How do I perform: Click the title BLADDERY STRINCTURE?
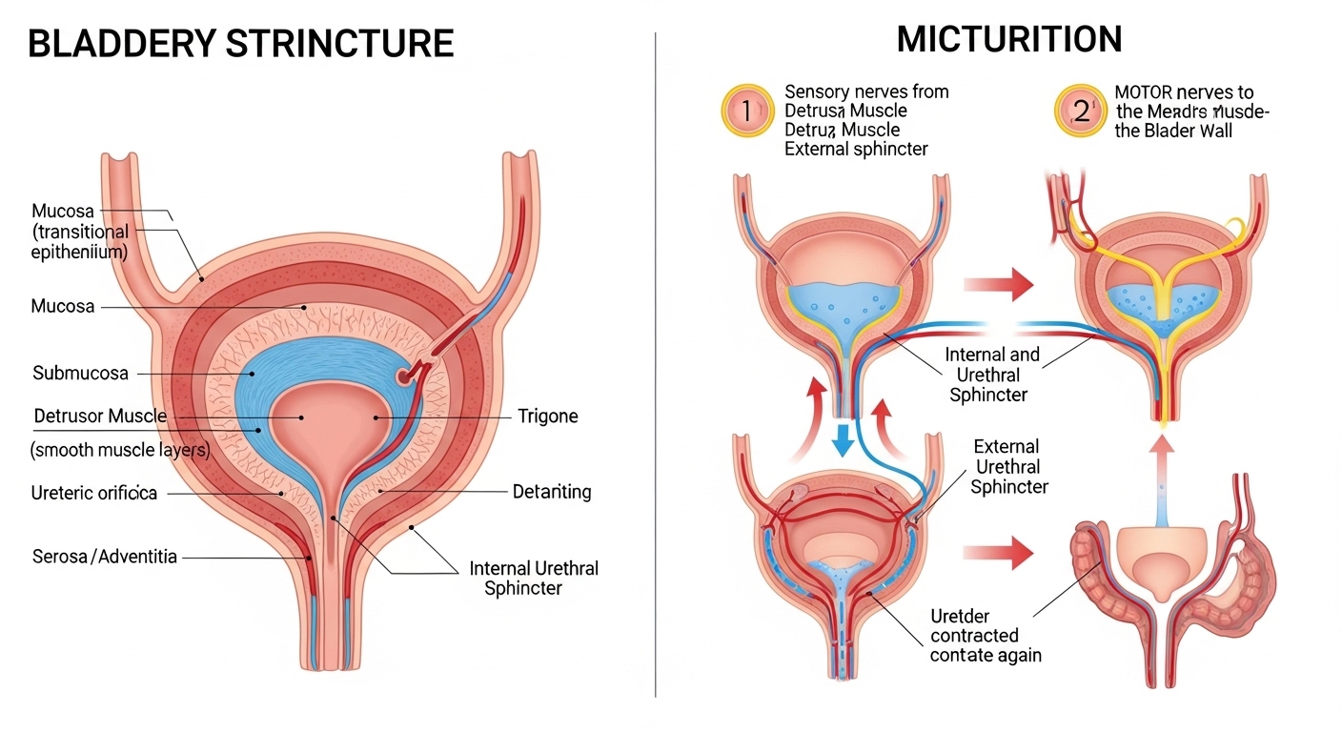(x=240, y=44)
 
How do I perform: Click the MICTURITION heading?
(x=1009, y=39)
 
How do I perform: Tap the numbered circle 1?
(x=746, y=112)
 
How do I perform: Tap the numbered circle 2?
(x=1081, y=112)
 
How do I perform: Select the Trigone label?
(x=548, y=417)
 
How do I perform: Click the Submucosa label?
(x=80, y=373)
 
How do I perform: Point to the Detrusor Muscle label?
(x=100, y=417)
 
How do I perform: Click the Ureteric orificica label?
(x=94, y=493)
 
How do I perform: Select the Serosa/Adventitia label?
(x=105, y=556)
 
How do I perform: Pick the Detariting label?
(x=552, y=492)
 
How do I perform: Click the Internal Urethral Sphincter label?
(x=534, y=578)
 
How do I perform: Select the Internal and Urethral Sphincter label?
(x=991, y=375)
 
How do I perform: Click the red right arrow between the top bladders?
(x=999, y=284)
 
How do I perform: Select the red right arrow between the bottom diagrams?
(x=999, y=551)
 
